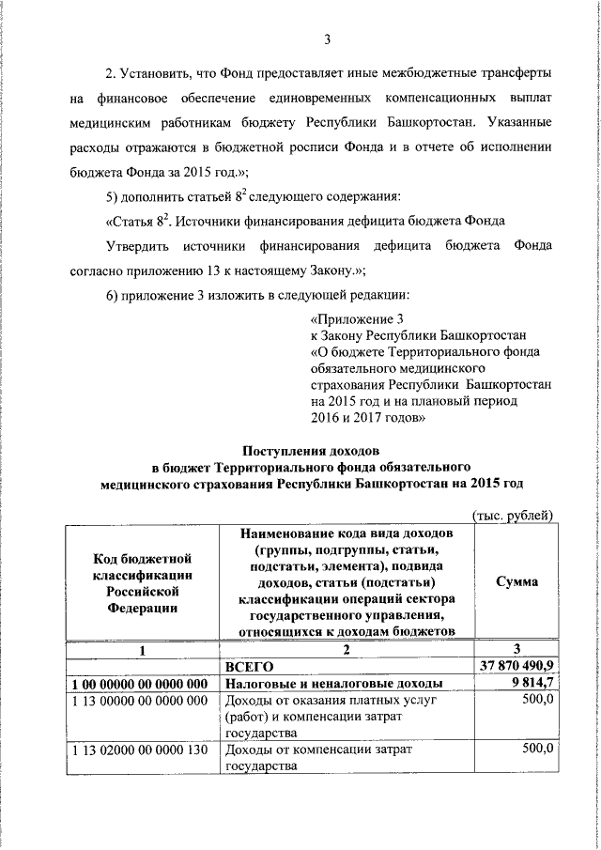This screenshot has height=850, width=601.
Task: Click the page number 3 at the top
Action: [327, 39]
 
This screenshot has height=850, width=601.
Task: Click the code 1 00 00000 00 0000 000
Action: [139, 684]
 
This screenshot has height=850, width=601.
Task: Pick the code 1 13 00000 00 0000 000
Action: [139, 702]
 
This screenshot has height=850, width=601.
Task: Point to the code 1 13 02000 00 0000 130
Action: [139, 750]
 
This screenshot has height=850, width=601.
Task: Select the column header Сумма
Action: [517, 582]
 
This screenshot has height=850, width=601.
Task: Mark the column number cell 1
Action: [141, 648]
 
